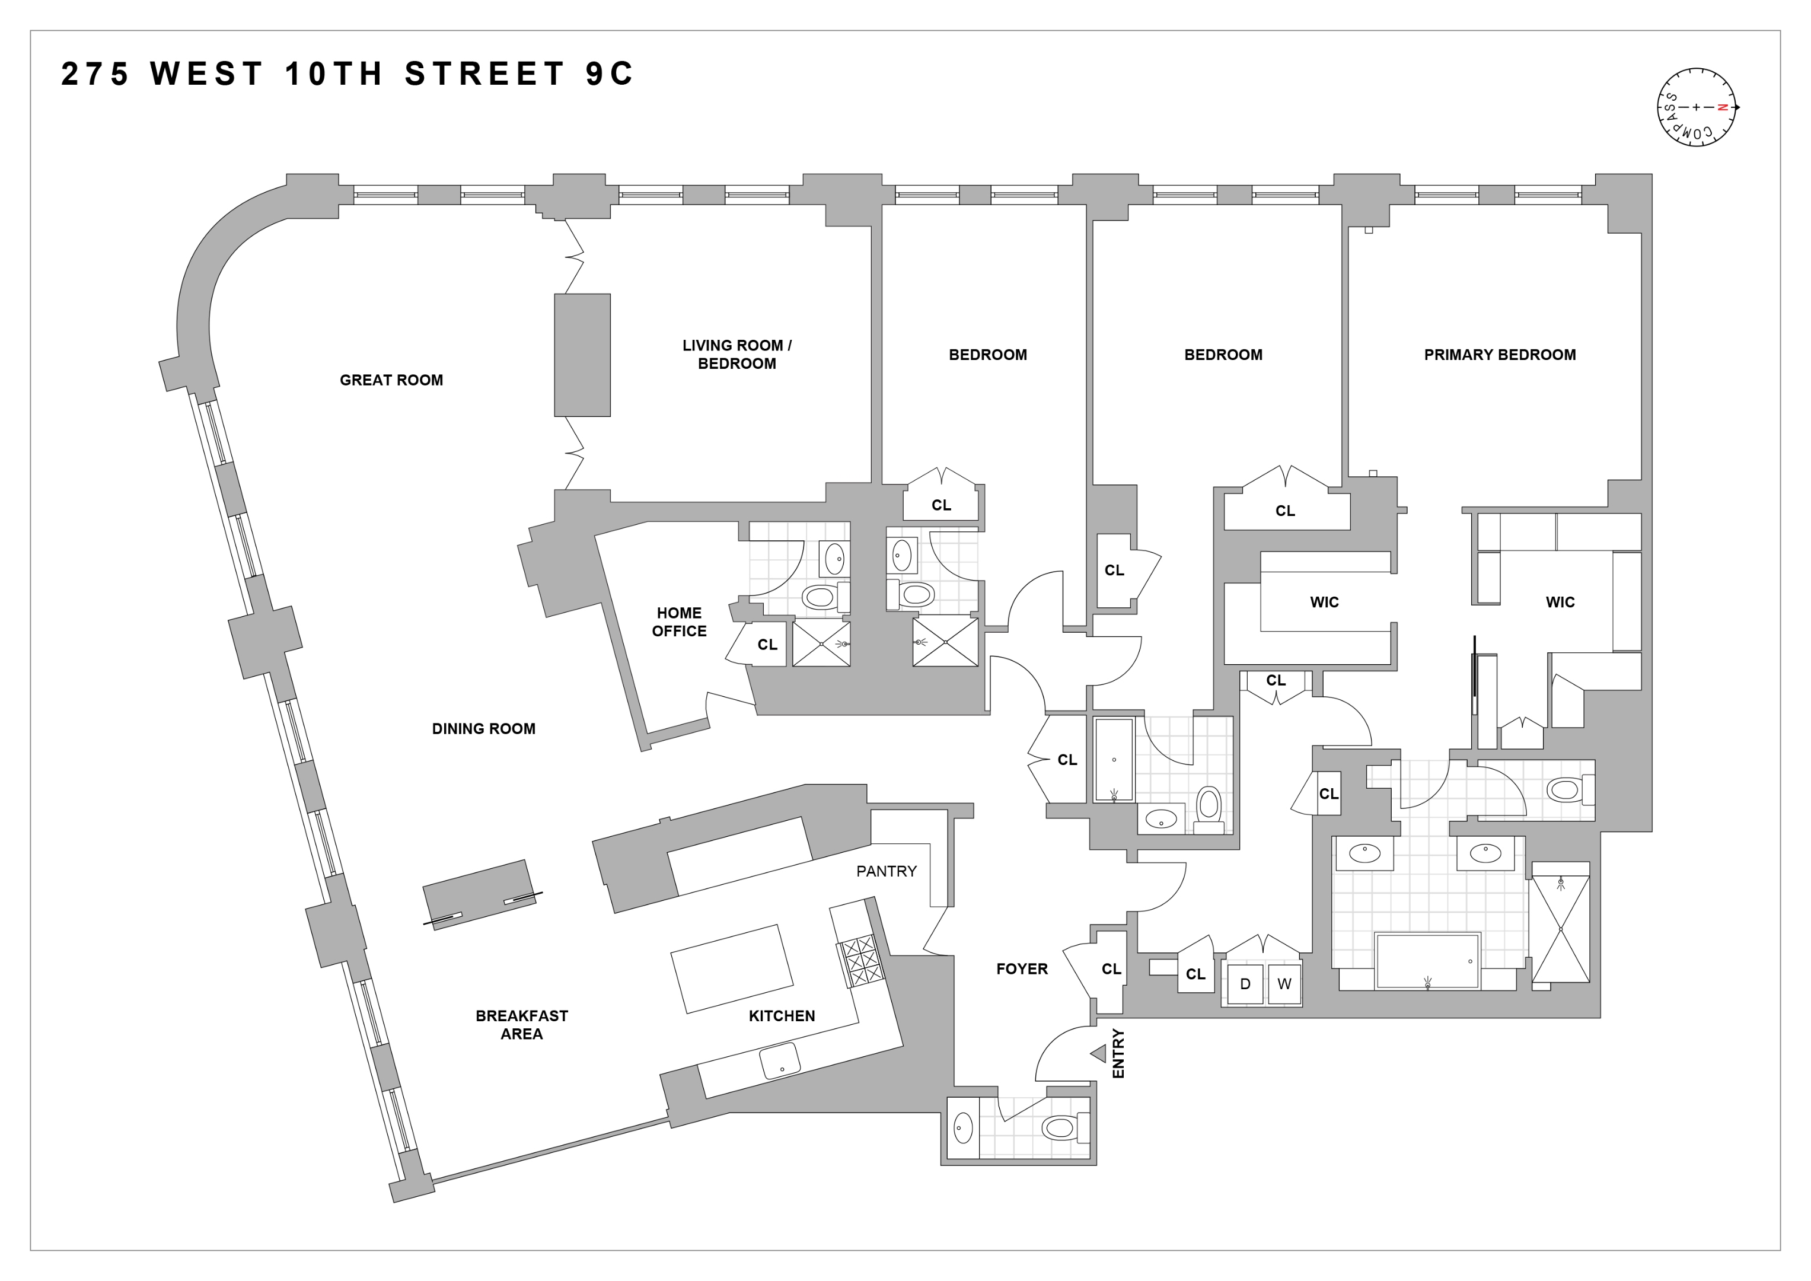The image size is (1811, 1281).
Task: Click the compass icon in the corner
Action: pyautogui.click(x=1697, y=107)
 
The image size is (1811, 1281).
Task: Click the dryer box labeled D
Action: pyautogui.click(x=1245, y=984)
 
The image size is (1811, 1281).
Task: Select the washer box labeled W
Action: pyautogui.click(x=1284, y=984)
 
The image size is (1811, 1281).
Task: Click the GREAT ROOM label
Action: pyautogui.click(x=391, y=380)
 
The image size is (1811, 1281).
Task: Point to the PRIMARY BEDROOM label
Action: pyautogui.click(x=1500, y=355)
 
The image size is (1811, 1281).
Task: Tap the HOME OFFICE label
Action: pyautogui.click(x=678, y=622)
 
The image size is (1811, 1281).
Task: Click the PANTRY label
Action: pyautogui.click(x=886, y=871)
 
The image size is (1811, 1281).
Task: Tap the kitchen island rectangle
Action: pyautogui.click(x=731, y=968)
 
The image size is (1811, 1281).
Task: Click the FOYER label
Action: pyautogui.click(x=1022, y=968)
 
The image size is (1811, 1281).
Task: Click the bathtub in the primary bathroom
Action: pyautogui.click(x=1426, y=961)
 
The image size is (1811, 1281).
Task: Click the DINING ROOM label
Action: pyautogui.click(x=483, y=729)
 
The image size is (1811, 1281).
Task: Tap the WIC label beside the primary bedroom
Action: pyautogui.click(x=1560, y=602)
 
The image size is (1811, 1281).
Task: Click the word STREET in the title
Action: pyautogui.click(x=485, y=74)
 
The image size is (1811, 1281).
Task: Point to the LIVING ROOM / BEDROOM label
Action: pyautogui.click(x=736, y=354)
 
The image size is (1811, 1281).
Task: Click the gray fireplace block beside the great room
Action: pyautogui.click(x=582, y=355)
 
